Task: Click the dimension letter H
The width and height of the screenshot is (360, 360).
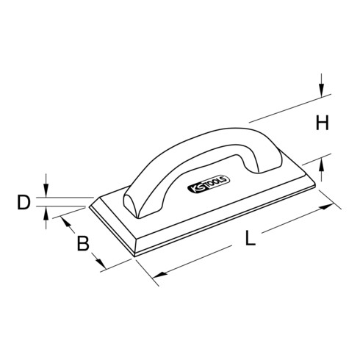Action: coord(321,124)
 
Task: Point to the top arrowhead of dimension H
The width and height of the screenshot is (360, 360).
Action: coord(321,93)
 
